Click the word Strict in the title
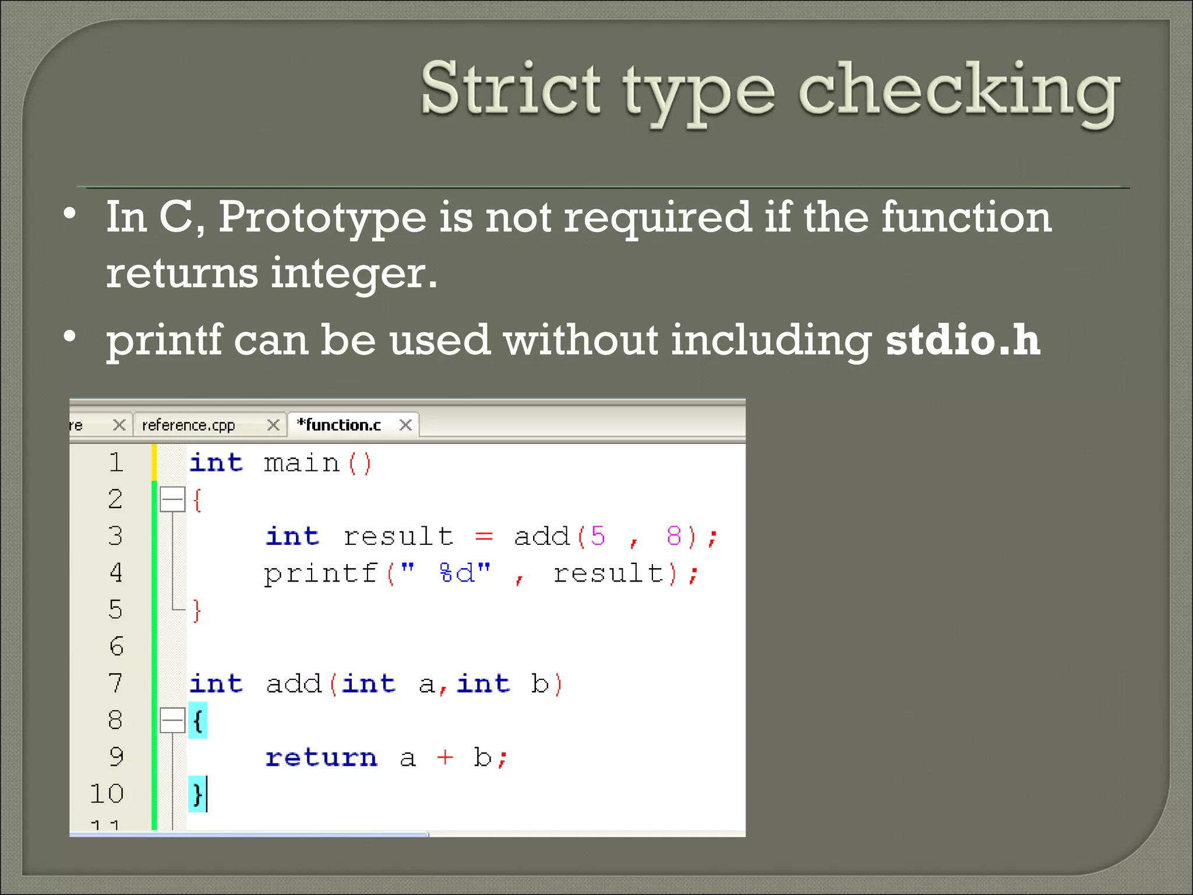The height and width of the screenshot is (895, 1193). (x=510, y=89)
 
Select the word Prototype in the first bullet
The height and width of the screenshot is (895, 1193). (x=322, y=217)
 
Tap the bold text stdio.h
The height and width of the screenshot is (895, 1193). (x=962, y=340)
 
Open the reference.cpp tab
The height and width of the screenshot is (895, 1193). (x=188, y=425)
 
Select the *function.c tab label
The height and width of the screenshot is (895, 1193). (x=340, y=425)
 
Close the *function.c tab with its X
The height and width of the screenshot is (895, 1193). (x=406, y=425)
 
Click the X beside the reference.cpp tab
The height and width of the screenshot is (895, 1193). (x=273, y=425)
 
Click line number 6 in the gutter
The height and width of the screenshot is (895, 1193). (x=117, y=646)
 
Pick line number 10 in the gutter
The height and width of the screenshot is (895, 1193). (x=107, y=794)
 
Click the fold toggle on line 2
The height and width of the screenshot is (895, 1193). (x=172, y=499)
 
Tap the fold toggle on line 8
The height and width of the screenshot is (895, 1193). (x=172, y=720)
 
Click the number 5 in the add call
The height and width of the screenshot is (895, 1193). (x=598, y=536)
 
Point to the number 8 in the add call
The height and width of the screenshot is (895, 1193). (x=673, y=536)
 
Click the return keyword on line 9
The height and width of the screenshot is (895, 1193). (x=321, y=757)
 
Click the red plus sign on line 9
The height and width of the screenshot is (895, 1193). (x=444, y=757)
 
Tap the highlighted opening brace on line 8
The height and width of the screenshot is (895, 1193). (x=197, y=721)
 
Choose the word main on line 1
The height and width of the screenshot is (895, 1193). (x=301, y=464)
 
